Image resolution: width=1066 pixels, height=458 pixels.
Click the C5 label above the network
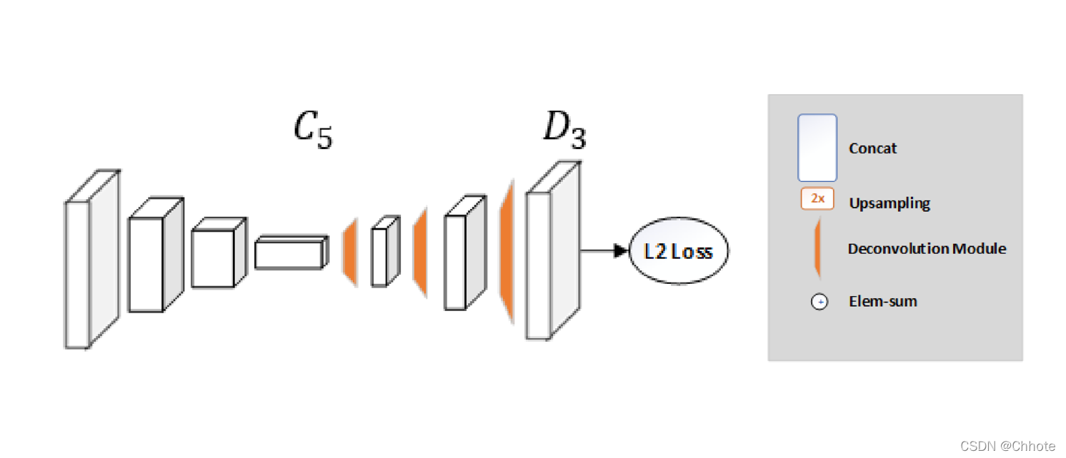point(313,131)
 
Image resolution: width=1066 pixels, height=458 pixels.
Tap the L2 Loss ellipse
point(678,251)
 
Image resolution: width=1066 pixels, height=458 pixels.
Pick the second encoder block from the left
point(146,264)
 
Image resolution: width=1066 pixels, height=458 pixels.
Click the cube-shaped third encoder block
point(213,258)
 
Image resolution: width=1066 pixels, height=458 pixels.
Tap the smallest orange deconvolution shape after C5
point(350,254)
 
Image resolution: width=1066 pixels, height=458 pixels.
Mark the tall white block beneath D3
point(539,264)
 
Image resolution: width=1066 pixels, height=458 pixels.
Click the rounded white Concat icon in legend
point(817,148)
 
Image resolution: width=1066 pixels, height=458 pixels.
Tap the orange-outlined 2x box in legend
point(817,199)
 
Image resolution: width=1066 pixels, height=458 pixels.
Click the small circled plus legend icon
point(820,302)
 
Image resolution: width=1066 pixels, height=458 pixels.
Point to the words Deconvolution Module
point(927,249)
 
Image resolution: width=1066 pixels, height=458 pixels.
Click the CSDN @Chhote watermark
point(1007,446)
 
